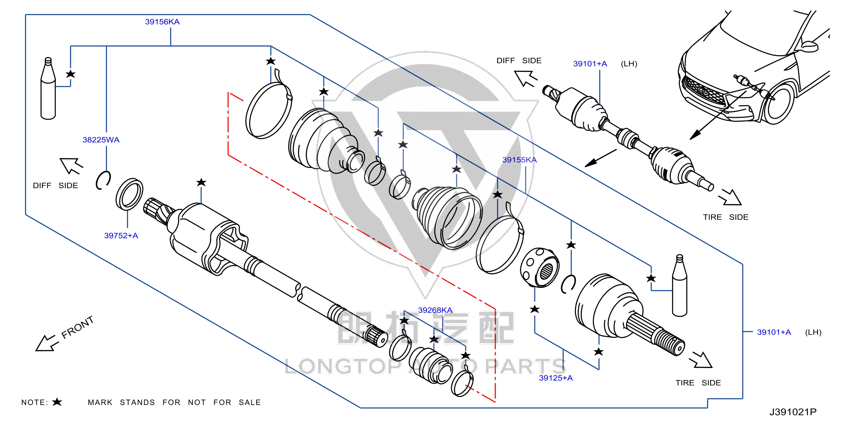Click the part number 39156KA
[162, 22]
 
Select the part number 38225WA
[101, 140]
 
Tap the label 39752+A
[121, 235]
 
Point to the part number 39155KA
[519, 160]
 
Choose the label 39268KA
[435, 310]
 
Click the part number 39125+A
[556, 378]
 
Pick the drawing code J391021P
[793, 412]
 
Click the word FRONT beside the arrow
[78, 327]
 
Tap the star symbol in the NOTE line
[57, 402]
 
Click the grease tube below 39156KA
[48, 88]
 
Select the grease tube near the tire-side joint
[680, 285]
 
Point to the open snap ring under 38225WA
[103, 180]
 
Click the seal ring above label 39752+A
[129, 194]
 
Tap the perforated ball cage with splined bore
[539, 268]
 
